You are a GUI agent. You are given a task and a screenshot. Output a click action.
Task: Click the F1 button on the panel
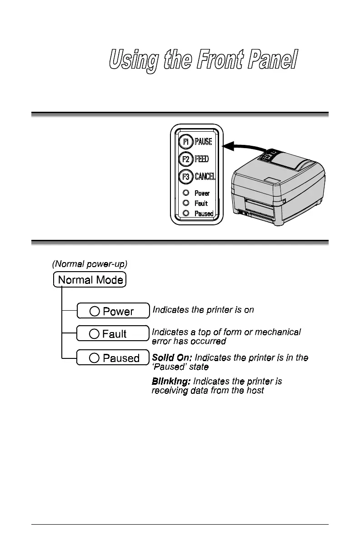pos(185,142)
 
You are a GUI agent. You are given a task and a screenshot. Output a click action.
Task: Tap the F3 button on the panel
pos(185,176)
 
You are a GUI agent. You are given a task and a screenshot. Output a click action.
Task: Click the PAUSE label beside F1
pos(204,142)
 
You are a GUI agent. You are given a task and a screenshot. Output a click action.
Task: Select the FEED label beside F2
pos(202,159)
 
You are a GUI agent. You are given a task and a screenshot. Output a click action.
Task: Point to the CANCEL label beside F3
pos(205,176)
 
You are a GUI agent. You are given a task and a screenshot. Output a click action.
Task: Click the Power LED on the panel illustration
pos(186,193)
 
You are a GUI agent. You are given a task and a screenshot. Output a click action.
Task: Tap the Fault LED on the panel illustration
pos(186,203)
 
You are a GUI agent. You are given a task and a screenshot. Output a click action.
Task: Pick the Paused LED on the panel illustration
pos(186,213)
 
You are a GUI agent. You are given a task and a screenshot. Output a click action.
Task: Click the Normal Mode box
pos(90,279)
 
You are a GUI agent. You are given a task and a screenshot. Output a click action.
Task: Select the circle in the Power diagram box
pos(94,311)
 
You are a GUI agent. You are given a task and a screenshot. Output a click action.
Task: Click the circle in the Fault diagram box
pos(94,334)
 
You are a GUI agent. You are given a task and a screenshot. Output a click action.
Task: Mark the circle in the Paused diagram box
pos(94,358)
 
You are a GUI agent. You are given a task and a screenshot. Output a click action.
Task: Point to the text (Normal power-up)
pos(87,263)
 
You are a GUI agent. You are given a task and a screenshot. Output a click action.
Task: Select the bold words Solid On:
pos(172,358)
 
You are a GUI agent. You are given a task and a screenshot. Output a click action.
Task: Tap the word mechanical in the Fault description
pos(278,332)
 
